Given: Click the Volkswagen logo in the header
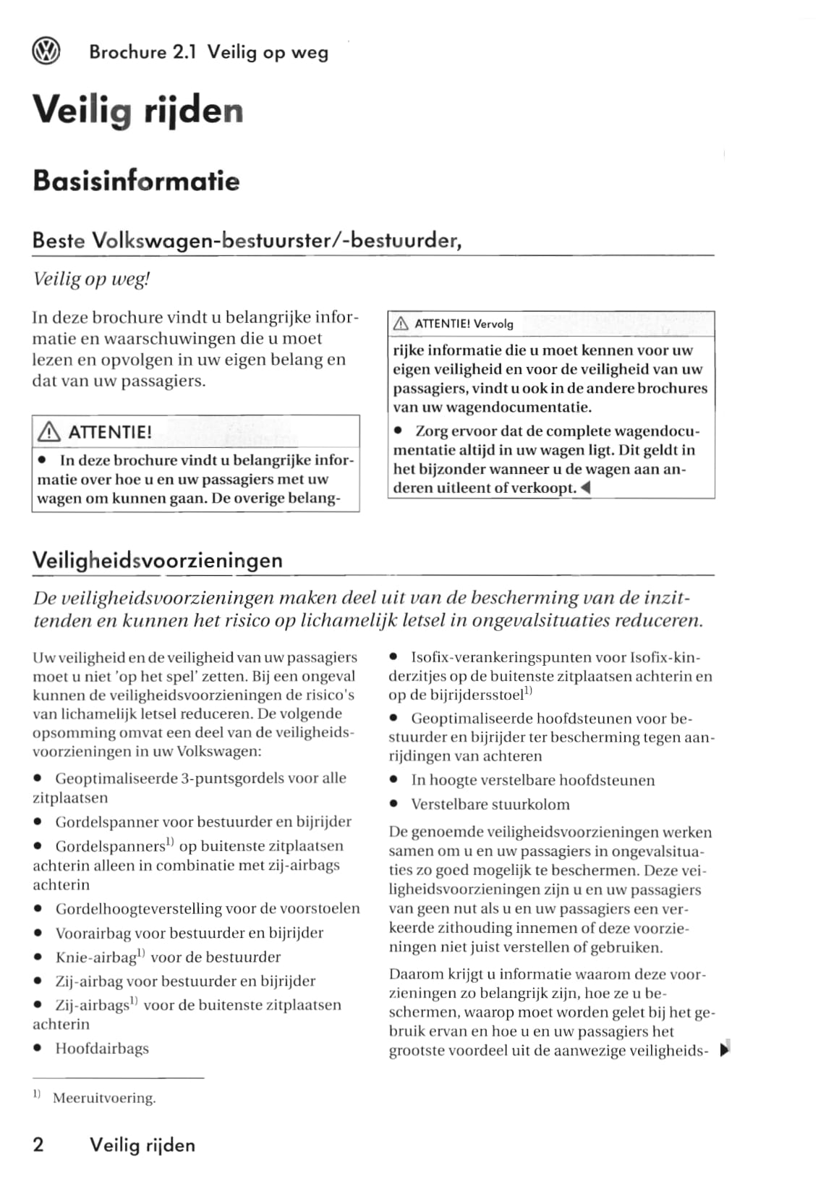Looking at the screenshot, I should click(46, 51).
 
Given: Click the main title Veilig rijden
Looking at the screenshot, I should click(137, 111).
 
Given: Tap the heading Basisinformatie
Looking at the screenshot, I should click(136, 180).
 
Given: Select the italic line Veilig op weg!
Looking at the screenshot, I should click(91, 279).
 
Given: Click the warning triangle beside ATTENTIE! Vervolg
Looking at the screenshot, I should click(400, 324).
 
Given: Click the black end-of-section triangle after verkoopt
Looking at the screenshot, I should click(586, 488).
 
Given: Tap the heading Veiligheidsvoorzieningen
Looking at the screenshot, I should click(158, 560).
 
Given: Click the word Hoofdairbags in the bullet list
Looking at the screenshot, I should click(102, 1048).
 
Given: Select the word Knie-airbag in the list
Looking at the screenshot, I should click(96, 957).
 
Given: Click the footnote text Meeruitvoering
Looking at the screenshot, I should click(104, 1098).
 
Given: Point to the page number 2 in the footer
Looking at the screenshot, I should click(38, 1144).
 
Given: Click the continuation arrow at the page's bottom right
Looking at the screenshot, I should click(726, 1049).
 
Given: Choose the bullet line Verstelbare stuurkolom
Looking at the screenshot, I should click(490, 804).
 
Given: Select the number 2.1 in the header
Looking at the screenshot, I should click(184, 52).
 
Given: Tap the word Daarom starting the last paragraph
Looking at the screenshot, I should click(416, 974).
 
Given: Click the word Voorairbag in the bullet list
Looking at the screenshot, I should click(93, 933).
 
